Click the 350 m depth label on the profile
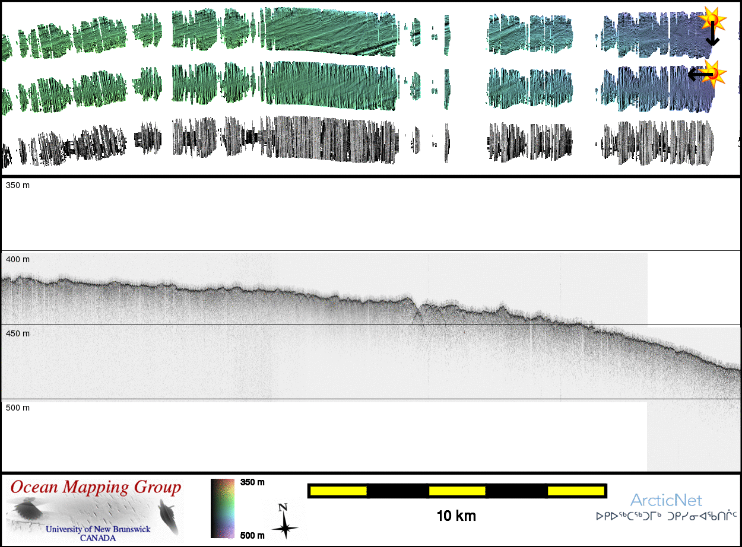(x=17, y=186)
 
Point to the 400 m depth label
(x=17, y=260)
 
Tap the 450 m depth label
(x=17, y=334)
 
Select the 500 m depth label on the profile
(x=17, y=408)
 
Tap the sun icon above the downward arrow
(x=711, y=20)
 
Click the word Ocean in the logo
(x=35, y=488)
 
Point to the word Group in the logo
(x=158, y=488)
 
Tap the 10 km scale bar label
(x=456, y=516)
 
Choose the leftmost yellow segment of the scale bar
(x=338, y=491)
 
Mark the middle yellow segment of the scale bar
(x=456, y=491)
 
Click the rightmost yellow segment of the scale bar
(x=575, y=491)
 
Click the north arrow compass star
(x=285, y=527)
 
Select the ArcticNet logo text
(x=666, y=500)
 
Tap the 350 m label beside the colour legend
(x=252, y=482)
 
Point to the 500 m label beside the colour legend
(x=252, y=536)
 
